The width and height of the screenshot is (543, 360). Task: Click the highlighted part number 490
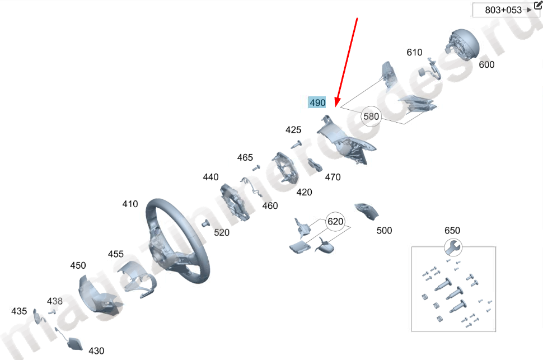point(317,102)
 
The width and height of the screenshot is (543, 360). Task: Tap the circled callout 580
point(371,116)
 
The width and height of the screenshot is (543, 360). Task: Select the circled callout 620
point(335,221)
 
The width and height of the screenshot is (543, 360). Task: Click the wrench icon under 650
point(453,247)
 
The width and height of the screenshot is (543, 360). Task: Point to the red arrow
point(347,62)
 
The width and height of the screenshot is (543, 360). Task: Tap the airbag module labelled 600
point(463,44)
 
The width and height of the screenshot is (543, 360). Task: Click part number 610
point(414,52)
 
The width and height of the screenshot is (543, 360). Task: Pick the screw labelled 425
point(296,144)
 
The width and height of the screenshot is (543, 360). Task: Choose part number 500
point(384,231)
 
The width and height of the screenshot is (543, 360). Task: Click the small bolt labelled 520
point(205,223)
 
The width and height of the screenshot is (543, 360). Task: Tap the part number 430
point(96,351)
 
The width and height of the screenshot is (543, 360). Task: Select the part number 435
point(19,311)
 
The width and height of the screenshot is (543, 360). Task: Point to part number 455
point(116,254)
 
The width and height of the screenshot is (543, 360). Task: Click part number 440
point(210,177)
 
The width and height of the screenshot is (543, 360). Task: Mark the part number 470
point(333,177)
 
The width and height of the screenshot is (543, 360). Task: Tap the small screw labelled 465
point(256,168)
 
